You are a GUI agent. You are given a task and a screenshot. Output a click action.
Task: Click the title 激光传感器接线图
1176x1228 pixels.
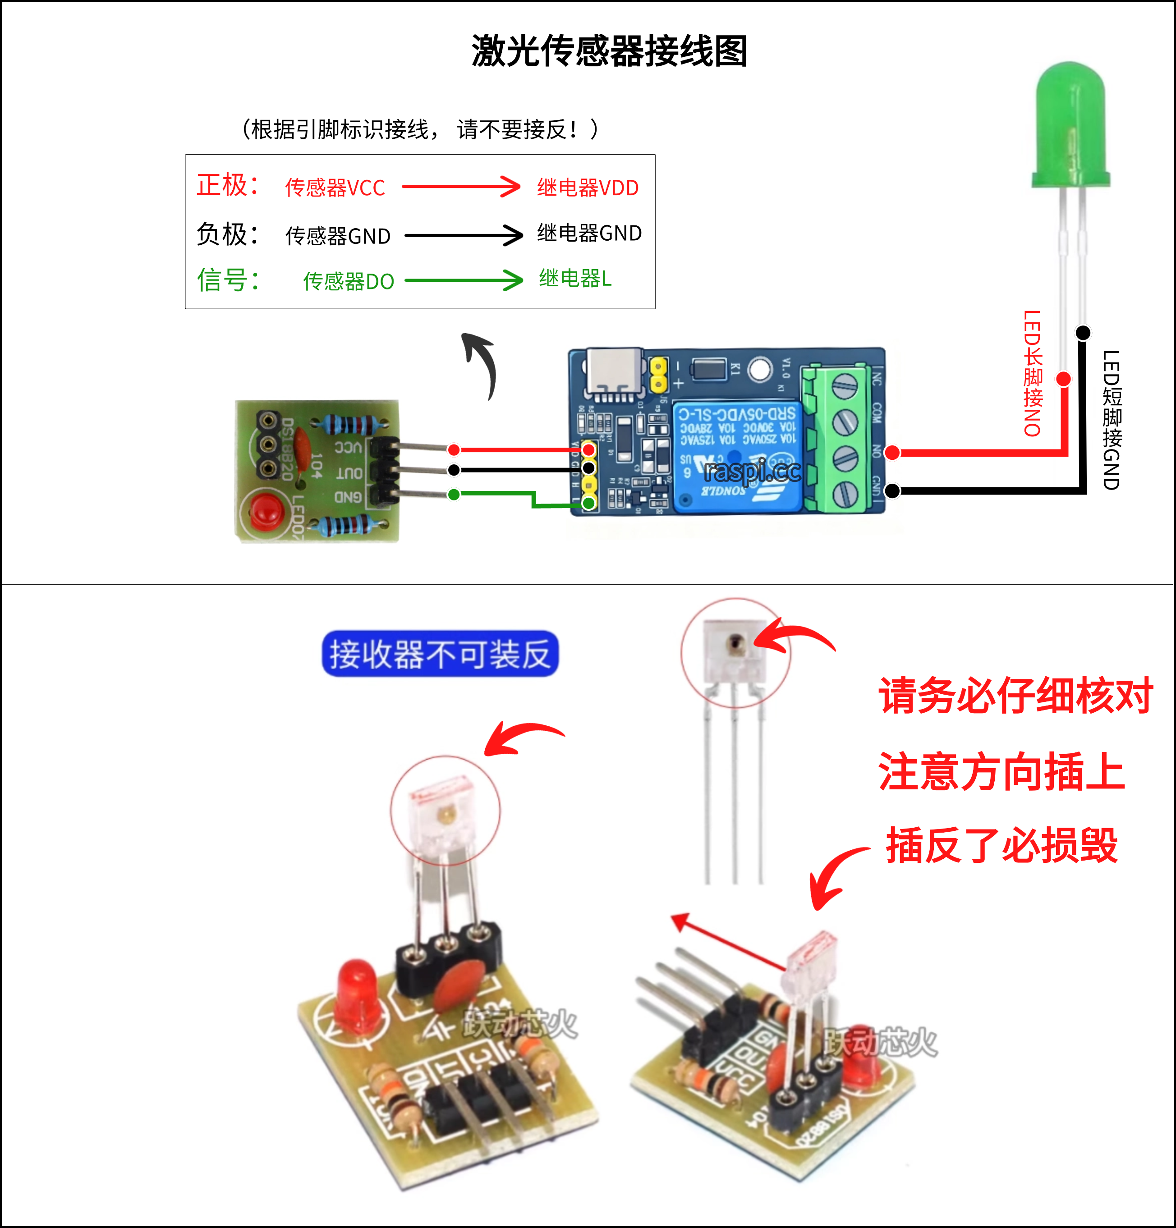tap(609, 51)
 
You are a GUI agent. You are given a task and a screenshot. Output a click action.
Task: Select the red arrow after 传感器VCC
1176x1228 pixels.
tap(460, 186)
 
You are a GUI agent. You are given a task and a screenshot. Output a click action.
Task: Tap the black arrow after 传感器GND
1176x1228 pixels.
tap(463, 236)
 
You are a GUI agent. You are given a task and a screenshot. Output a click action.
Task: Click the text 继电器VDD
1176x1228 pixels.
tap(587, 188)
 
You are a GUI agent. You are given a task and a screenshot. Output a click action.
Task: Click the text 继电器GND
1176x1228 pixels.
tap(589, 233)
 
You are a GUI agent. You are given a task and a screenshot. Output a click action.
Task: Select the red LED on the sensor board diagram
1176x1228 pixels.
tap(267, 511)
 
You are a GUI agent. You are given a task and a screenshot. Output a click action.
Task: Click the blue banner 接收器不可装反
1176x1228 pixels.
tap(440, 654)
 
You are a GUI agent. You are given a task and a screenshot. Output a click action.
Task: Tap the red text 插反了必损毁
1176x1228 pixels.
tap(1001, 846)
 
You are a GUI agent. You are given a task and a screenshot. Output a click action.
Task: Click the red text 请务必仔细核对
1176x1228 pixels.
tap(1015, 696)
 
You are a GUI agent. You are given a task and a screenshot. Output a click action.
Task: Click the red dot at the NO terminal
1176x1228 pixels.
tap(892, 452)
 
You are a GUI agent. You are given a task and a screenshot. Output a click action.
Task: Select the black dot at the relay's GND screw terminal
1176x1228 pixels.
tap(892, 490)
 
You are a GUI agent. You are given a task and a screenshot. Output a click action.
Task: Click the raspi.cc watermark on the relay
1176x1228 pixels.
tap(752, 471)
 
